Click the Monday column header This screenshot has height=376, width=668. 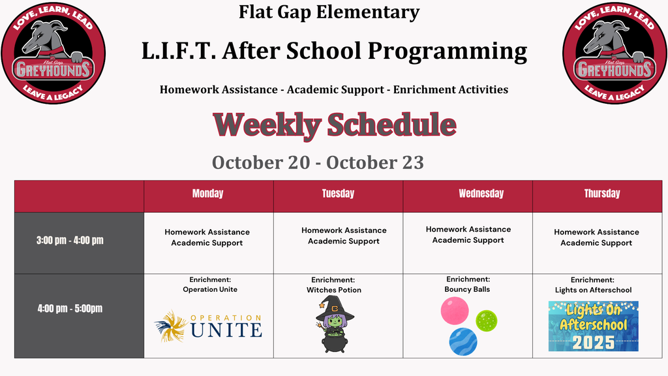pyautogui.click(x=208, y=193)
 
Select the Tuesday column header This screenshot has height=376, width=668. pyautogui.click(x=339, y=193)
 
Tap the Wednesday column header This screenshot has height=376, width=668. pyautogui.click(x=481, y=193)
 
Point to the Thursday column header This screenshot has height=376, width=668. pyautogui.click(x=602, y=193)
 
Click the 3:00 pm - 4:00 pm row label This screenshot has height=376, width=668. pyautogui.click(x=70, y=240)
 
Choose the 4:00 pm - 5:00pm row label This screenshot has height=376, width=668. pyautogui.click(x=70, y=308)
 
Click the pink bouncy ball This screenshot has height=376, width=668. pyautogui.click(x=455, y=311)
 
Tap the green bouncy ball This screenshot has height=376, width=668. pyautogui.click(x=486, y=321)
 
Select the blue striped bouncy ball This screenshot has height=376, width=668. pyautogui.click(x=463, y=341)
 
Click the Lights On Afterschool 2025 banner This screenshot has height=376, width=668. pyautogui.click(x=594, y=326)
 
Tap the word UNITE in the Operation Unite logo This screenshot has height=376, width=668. pyautogui.click(x=226, y=330)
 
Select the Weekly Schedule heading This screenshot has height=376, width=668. pyautogui.click(x=335, y=125)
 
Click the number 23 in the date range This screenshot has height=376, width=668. pyautogui.click(x=412, y=163)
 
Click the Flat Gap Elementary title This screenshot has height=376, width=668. pyautogui.click(x=329, y=12)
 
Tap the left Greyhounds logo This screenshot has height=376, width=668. pyautogui.click(x=53, y=54)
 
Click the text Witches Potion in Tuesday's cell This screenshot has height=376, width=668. pyautogui.click(x=334, y=290)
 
